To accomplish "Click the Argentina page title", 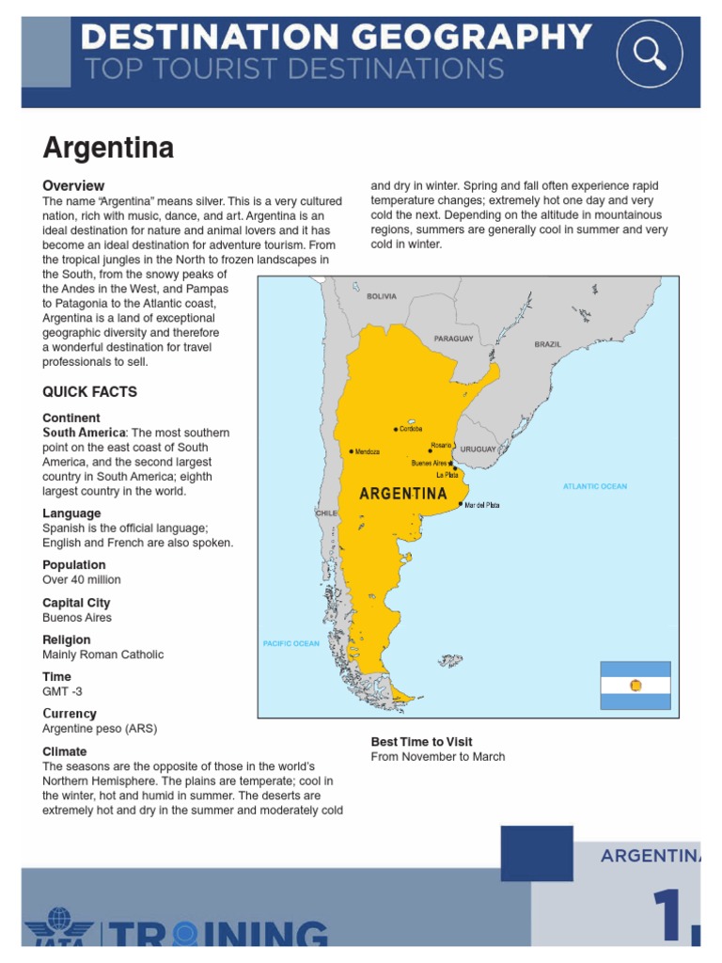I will point(108,148).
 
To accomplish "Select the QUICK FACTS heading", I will point(89,392).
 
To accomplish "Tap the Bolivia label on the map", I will point(382,296).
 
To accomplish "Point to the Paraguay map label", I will point(453,339).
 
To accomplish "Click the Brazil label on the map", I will point(547,344).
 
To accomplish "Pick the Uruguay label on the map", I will point(478,450).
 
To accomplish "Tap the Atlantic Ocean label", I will point(594,486).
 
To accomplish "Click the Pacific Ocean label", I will point(290,644).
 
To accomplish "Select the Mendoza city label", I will point(367,452).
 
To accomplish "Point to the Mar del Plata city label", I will point(481,505).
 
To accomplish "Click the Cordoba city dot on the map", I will point(396,430).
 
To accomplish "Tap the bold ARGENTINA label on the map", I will point(403,493).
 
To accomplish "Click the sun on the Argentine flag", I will point(636,686).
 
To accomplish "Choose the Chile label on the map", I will point(326,513).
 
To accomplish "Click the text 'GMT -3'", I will point(63,691).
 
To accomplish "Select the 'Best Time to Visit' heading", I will point(421,742).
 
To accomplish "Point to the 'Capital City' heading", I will point(76,603).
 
